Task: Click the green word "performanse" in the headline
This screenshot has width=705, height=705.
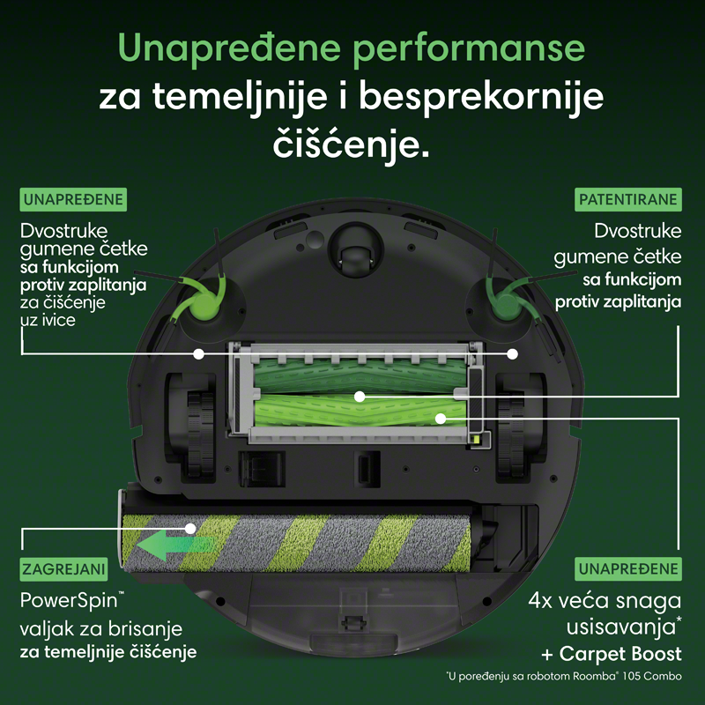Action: coord(469,49)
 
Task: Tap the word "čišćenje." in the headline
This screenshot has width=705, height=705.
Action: coord(351,144)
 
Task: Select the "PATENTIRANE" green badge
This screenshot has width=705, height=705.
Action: coord(628,199)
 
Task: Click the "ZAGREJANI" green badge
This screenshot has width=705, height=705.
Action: coord(63,569)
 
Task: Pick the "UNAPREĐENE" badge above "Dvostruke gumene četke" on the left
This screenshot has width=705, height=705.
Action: coord(73,199)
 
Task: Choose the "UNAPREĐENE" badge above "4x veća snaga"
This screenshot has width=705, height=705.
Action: coord(628,568)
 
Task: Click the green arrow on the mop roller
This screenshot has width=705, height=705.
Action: coord(175,545)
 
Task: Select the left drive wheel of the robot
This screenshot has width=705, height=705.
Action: coord(201,434)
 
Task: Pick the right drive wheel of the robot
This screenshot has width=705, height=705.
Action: coord(511,434)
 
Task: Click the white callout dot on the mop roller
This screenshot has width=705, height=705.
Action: coord(190,528)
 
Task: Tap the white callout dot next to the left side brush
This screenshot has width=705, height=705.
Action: coord(198,354)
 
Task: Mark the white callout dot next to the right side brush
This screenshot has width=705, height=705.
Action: coord(512,354)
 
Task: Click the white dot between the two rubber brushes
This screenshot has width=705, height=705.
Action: coord(360,397)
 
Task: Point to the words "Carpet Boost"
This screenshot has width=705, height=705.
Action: coord(620,654)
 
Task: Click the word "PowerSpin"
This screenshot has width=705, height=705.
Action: coord(69,601)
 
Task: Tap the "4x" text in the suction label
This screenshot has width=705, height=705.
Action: coord(540,601)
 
